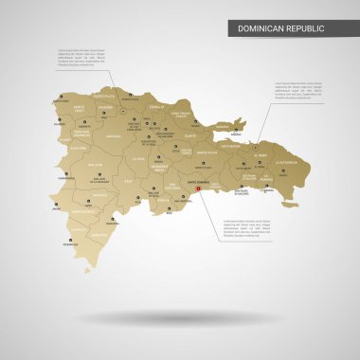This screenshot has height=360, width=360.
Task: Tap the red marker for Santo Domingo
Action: tap(198, 188)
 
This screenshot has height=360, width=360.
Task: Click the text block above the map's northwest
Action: tap(79, 56)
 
